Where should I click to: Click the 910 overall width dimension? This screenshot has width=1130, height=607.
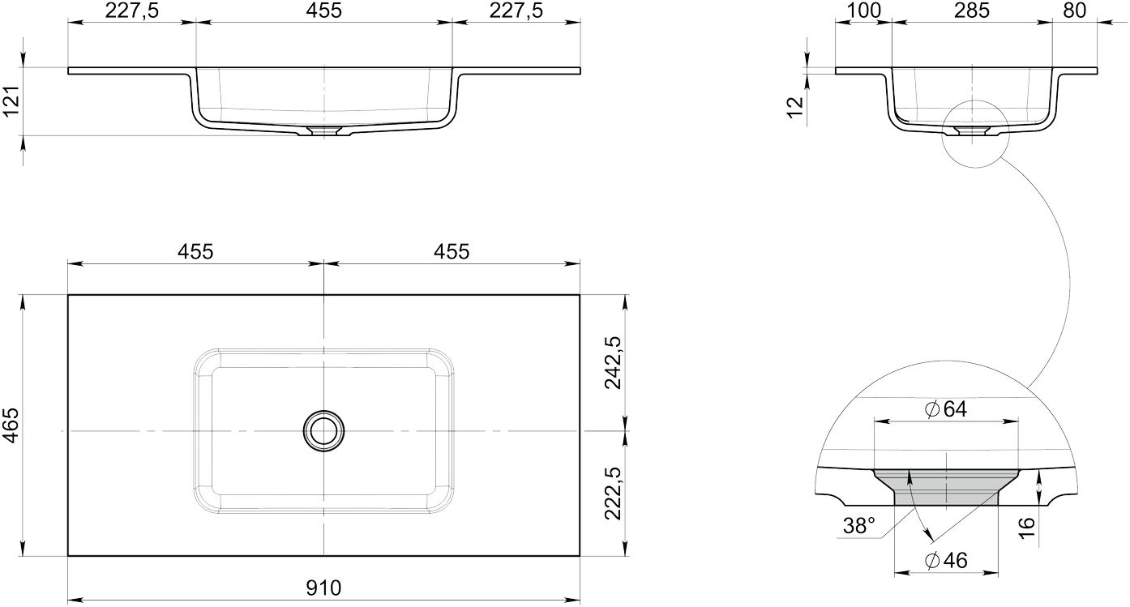(x=323, y=588)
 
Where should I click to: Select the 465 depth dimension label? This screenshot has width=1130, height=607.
(x=11, y=425)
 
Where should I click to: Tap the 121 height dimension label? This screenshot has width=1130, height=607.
(x=11, y=100)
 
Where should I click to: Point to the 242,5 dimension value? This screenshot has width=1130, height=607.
(x=613, y=362)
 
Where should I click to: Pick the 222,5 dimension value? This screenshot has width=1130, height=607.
(x=613, y=494)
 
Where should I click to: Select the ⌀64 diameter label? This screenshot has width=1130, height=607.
(x=946, y=409)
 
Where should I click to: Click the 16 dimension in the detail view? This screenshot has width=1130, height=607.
(x=1026, y=528)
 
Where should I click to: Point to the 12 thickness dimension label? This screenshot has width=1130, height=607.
(x=794, y=108)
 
